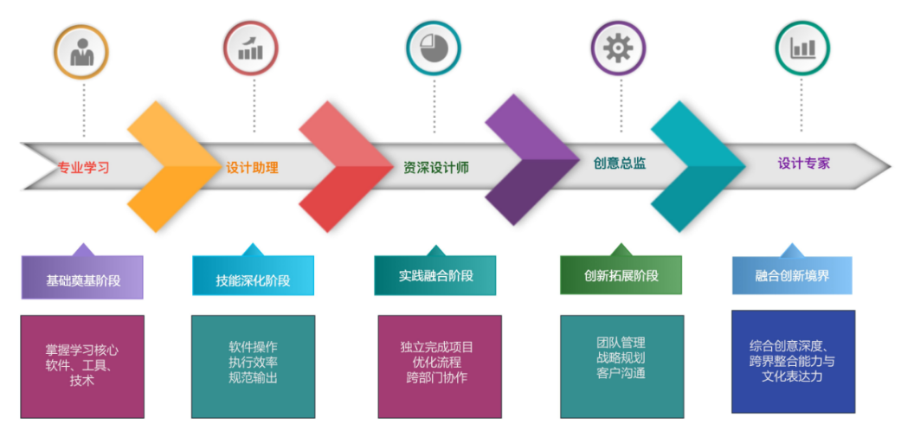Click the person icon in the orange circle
pos(81,53)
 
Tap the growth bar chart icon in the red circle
pos(251,48)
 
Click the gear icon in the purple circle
pos(618,48)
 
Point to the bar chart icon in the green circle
pos(802,48)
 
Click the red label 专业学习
pos(83,168)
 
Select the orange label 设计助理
pos(253,168)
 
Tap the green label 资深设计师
pos(436,168)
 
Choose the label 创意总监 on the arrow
pos(620,164)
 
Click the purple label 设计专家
pos(804,164)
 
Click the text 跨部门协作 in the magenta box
pos(436,376)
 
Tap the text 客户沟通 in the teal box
pos(621,373)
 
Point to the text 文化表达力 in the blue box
pos(792,376)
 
